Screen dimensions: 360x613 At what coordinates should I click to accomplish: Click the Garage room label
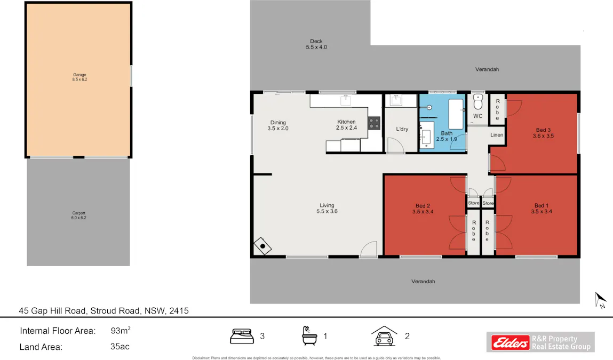tap(79, 77)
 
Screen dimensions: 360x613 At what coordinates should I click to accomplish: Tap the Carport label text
tap(79, 215)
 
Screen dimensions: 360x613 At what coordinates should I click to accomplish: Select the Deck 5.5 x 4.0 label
tap(316, 44)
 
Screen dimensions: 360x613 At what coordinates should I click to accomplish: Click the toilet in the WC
tap(478, 101)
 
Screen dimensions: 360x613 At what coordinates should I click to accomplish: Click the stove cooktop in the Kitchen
tap(374, 124)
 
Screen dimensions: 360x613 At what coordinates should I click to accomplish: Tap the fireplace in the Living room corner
tap(262, 246)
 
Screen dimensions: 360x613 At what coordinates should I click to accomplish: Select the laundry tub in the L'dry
tap(396, 100)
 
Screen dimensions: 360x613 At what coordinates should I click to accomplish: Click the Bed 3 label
tap(543, 133)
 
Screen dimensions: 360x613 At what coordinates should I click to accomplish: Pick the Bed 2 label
tap(423, 208)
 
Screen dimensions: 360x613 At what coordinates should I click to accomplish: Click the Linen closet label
tap(497, 135)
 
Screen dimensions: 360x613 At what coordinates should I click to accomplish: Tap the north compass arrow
tap(600, 300)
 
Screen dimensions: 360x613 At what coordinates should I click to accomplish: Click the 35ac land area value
tap(120, 347)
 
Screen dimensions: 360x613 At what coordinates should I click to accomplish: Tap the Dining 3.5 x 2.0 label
tap(277, 125)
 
